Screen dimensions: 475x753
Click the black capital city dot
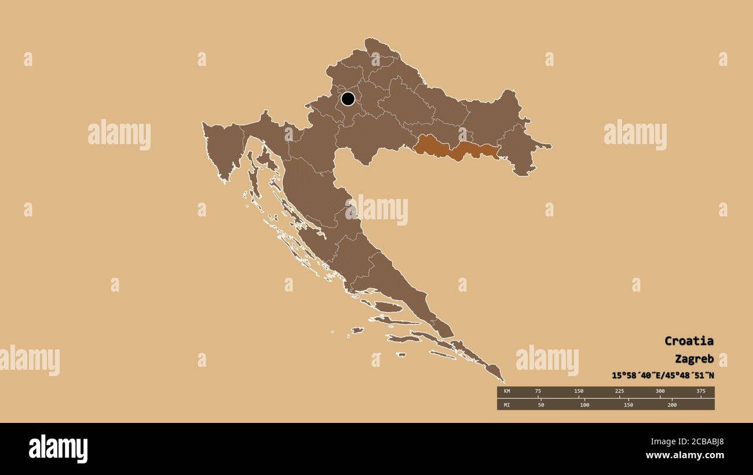click(x=348, y=98)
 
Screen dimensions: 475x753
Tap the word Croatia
click(x=689, y=341)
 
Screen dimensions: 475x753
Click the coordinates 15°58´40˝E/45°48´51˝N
click(x=663, y=375)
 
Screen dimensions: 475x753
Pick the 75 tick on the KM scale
click(x=538, y=392)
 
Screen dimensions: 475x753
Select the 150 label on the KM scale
click(x=579, y=392)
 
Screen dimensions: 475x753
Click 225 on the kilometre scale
click(x=619, y=392)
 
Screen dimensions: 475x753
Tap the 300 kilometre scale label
click(x=660, y=392)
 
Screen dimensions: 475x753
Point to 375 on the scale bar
click(x=700, y=392)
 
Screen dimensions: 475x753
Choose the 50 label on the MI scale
click(x=541, y=405)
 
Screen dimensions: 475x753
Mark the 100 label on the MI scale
click(x=584, y=405)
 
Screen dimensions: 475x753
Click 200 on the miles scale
click(x=672, y=405)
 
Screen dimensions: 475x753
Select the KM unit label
click(x=507, y=392)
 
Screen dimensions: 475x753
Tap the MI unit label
click(x=507, y=405)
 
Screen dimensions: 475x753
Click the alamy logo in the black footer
click(x=58, y=449)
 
